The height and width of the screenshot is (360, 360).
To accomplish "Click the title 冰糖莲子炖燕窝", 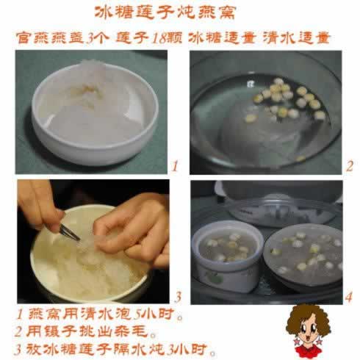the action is click(x=165, y=12).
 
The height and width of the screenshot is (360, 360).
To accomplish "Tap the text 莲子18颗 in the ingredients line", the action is click(x=149, y=38).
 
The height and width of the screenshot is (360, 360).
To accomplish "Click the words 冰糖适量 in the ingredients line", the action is click(x=223, y=38).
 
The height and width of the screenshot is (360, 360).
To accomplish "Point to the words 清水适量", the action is click(x=297, y=38).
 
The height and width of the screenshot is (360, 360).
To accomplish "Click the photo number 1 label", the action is click(x=174, y=166).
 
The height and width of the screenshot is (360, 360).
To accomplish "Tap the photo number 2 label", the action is click(x=350, y=166).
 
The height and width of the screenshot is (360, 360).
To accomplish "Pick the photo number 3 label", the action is click(x=178, y=297).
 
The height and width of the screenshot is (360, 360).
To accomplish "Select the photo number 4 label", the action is click(x=349, y=297).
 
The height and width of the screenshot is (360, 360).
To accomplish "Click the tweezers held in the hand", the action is click(x=69, y=232).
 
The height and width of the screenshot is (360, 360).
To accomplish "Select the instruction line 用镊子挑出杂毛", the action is click(x=85, y=332).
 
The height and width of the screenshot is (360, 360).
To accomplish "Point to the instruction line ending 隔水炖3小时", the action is click(x=115, y=350).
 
